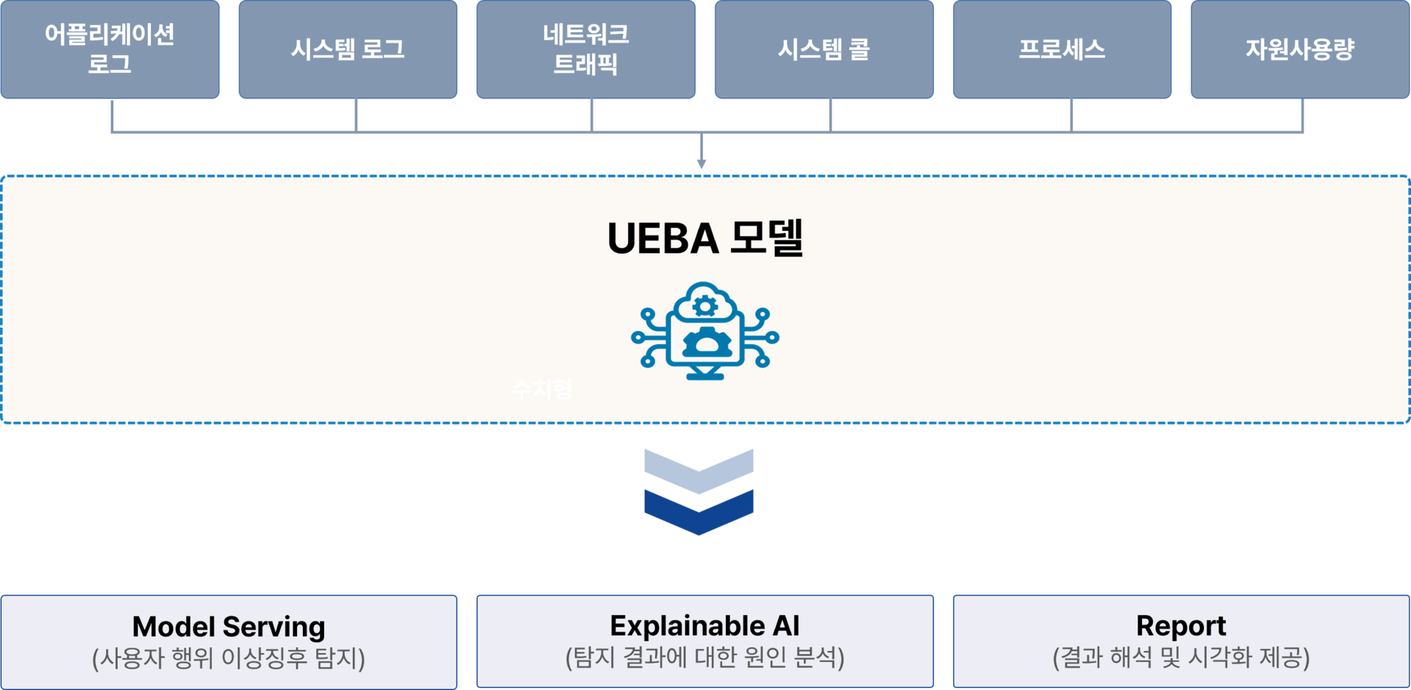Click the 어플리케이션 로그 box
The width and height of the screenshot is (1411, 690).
[110, 49]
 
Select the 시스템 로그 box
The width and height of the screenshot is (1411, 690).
[348, 49]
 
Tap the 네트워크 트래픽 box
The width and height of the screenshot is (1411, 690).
[586, 49]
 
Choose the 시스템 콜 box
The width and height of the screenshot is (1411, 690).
[824, 49]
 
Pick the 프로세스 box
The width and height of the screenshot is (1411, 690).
[1062, 49]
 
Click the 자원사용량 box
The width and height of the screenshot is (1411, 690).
[1300, 49]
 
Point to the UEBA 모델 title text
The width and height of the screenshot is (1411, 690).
[704, 238]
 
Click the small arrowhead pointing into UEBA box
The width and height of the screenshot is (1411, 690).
[702, 163]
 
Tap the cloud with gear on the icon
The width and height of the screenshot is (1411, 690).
[705, 303]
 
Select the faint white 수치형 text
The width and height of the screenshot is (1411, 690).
[542, 389]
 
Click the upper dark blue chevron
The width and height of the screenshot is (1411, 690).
[699, 470]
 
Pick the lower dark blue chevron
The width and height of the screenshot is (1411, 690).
[699, 512]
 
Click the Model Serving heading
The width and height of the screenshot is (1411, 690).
[229, 627]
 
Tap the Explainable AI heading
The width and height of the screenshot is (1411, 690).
[704, 626]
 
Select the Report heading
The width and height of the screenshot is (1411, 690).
[1181, 626]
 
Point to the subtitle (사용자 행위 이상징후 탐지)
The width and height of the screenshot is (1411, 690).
[229, 658]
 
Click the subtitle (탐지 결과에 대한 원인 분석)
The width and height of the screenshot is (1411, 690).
[704, 657]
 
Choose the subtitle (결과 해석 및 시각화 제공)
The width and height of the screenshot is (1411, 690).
[1181, 657]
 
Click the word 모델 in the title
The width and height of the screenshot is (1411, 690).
[767, 238]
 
